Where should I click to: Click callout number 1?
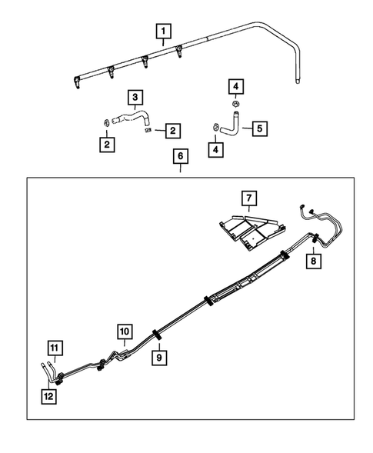click(163, 32)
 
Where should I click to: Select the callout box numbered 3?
click(135, 98)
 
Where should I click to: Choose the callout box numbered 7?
click(248, 200)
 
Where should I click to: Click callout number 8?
click(314, 261)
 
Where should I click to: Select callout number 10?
click(125, 331)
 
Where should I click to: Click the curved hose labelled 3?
click(131, 118)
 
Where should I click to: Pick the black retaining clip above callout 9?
click(156, 334)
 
